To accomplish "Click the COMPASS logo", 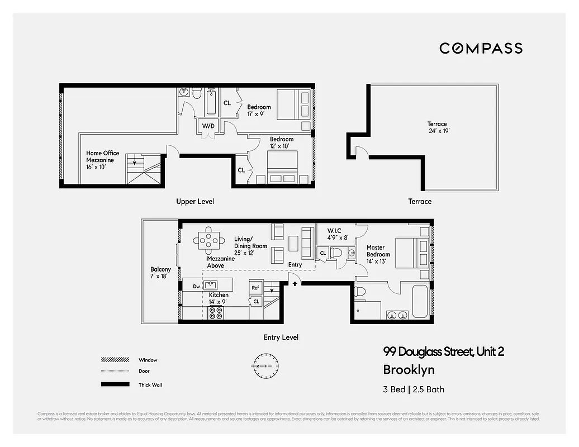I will coord(481,48).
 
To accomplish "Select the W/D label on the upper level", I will coord(208,126).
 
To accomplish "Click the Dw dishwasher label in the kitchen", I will coord(196,287).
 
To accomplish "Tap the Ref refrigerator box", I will coord(255,288).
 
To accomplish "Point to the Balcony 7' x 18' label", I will coord(160,273).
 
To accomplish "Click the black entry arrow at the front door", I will coord(295,283).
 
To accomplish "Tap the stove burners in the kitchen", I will coord(216,313).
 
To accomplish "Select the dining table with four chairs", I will coord(208,239).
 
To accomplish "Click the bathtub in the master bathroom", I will coord(420,302).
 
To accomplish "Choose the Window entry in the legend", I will coord(148,360).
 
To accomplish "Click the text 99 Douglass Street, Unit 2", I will coord(444,352).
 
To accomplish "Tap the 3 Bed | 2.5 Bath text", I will coord(414,389).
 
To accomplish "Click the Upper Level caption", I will coord(195,201).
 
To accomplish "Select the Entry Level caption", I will coord(281,337).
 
